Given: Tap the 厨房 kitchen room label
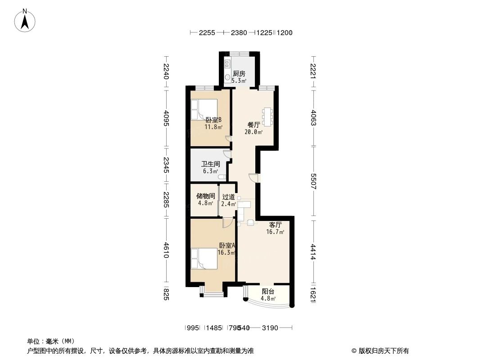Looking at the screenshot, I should pyautogui.click(x=239, y=74).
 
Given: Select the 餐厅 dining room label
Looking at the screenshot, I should pyautogui.click(x=254, y=125).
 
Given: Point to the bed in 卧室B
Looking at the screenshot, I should pyautogui.click(x=204, y=110).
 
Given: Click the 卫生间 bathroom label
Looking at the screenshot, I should pyautogui.click(x=210, y=164).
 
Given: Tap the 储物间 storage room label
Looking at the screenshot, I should pyautogui.click(x=205, y=196).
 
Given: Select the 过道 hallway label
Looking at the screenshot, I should pyautogui.click(x=228, y=197).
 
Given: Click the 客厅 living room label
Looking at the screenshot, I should pyautogui.click(x=276, y=225).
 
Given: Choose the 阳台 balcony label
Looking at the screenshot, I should pyautogui.click(x=268, y=291).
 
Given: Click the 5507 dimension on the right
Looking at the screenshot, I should pyautogui.click(x=314, y=180).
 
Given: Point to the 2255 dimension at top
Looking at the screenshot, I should pyautogui.click(x=207, y=32).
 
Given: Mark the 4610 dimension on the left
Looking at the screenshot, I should pyautogui.click(x=166, y=250).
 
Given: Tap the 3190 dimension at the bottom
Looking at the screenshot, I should pyautogui.click(x=270, y=328).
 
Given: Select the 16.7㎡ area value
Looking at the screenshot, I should pyautogui.click(x=276, y=232).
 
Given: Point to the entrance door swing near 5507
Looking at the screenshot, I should pyautogui.click(x=254, y=178).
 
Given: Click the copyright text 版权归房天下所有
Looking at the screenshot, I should pyautogui.click(x=383, y=351).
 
